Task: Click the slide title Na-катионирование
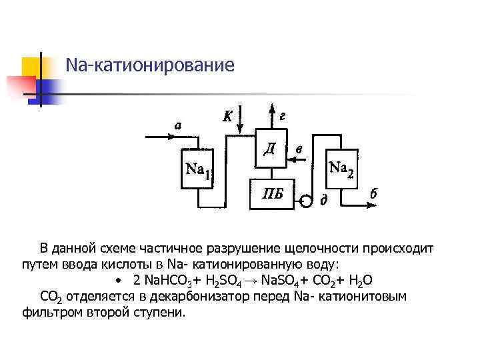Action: (x=150, y=65)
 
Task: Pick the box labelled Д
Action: (x=269, y=147)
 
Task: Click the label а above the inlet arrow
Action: (x=178, y=124)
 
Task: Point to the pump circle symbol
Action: (x=306, y=200)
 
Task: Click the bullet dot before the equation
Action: (x=117, y=279)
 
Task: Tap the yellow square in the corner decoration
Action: (x=32, y=67)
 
